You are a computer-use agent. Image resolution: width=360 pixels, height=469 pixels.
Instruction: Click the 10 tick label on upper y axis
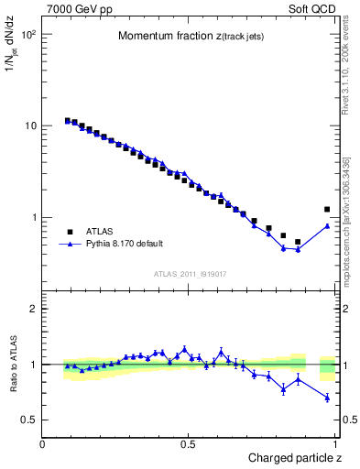click(x=32, y=126)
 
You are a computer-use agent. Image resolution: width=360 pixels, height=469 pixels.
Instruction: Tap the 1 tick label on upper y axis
click(x=35, y=218)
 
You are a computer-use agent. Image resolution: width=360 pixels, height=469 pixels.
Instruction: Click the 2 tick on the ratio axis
click(x=35, y=309)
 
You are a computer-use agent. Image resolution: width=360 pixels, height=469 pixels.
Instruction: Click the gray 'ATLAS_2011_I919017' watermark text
click(x=190, y=273)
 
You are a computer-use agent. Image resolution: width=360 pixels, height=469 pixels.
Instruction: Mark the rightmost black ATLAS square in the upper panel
click(x=327, y=210)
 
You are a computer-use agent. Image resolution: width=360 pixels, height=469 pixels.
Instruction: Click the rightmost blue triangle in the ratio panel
click(x=327, y=397)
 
